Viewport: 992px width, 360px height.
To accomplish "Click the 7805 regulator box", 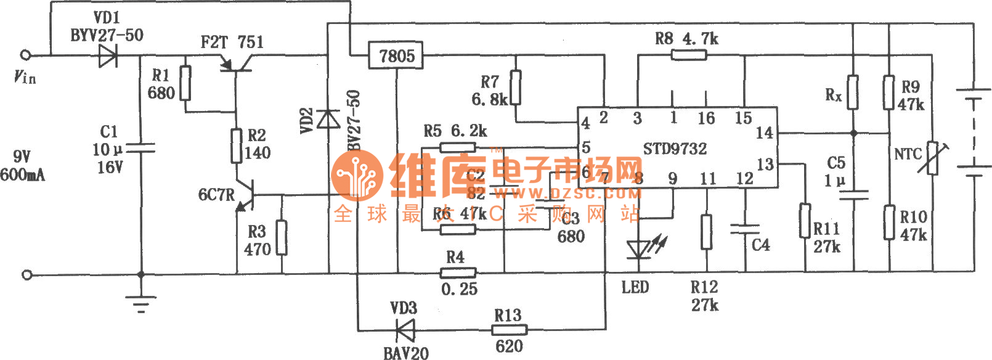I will click(396, 55).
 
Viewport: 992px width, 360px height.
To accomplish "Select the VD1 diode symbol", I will click(108, 55).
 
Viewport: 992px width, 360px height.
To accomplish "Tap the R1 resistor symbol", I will click(185, 83).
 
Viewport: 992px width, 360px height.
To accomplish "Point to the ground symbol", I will click(141, 303).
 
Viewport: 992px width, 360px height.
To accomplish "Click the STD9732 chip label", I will click(675, 149).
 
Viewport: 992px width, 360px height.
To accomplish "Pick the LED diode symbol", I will click(638, 250).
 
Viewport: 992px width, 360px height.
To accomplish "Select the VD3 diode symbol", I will click(405, 330).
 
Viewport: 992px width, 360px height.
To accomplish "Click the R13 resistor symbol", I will click(509, 330).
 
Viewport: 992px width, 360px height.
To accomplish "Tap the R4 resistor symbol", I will click(458, 272).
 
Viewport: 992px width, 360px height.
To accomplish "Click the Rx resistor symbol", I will click(853, 92).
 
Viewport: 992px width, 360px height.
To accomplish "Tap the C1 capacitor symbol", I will click(141, 148).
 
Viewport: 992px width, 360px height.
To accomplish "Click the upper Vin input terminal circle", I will click(26, 55).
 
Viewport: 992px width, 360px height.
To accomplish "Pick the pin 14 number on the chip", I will click(764, 133).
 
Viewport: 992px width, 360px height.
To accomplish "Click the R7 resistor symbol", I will click(516, 88).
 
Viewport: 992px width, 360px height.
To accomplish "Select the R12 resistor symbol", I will click(706, 232).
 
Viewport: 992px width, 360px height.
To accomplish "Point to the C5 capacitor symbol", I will click(853, 195).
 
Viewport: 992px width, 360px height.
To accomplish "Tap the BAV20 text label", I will click(405, 353).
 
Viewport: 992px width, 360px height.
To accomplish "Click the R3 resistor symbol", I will click(282, 237).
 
